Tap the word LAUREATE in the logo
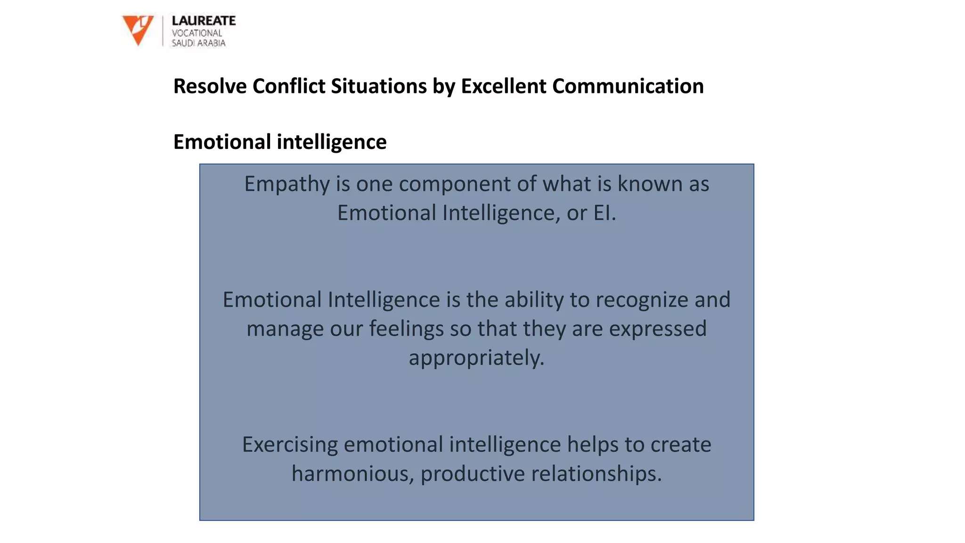click(204, 21)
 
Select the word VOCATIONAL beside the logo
click(196, 33)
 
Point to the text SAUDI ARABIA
click(198, 43)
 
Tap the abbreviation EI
click(604, 213)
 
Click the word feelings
click(406, 329)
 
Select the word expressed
click(658, 329)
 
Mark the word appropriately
click(476, 358)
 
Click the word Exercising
click(290, 444)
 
